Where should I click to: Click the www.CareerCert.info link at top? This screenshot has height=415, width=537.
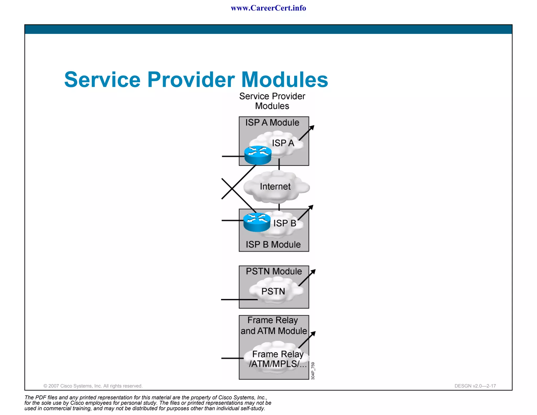pos(268,8)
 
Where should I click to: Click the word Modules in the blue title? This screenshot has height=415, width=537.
pos(284,79)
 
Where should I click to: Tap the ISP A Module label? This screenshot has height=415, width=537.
pos(272,123)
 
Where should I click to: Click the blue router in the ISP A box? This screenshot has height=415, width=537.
pos(258,155)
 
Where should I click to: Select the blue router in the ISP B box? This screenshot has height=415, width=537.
pos(257,222)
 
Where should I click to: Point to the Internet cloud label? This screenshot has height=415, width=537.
pos(275,187)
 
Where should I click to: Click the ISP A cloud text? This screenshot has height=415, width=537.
pos(283,143)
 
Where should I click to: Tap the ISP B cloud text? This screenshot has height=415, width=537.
pos(284,223)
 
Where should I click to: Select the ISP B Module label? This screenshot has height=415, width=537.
pos(273,244)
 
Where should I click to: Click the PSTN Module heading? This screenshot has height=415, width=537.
pos(274,271)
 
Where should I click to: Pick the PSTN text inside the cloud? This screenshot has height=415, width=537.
pos(273,291)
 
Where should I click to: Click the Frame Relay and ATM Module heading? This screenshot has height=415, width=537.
pos(273,326)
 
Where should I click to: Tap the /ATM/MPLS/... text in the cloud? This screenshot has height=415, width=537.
pos(277,364)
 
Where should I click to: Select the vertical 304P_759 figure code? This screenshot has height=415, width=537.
pos(313,371)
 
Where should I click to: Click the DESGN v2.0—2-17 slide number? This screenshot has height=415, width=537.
pos(475,386)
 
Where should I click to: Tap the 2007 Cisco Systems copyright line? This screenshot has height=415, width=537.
pos(93,386)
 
